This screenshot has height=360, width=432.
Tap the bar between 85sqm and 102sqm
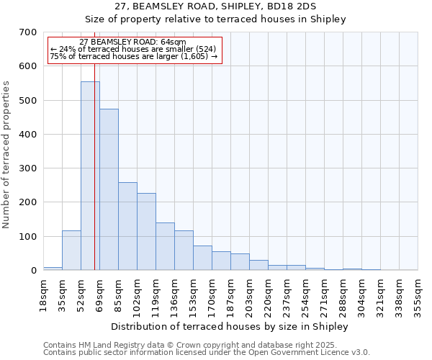(127, 226)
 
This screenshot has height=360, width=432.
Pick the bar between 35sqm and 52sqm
(71, 250)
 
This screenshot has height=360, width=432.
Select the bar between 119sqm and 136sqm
(165, 246)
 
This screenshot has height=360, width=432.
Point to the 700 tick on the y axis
(27, 32)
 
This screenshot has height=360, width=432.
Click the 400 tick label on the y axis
(27, 135)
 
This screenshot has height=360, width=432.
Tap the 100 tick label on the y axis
(27, 237)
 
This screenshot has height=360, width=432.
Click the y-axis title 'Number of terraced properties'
(7, 155)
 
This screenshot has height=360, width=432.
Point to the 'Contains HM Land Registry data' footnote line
(206, 345)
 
